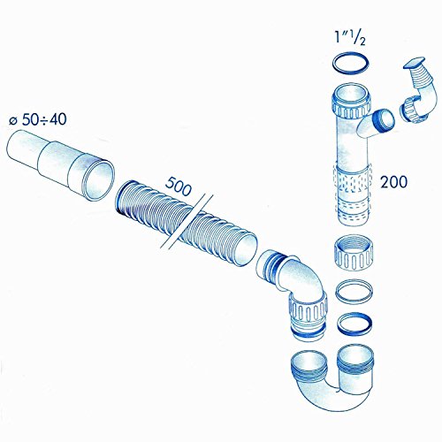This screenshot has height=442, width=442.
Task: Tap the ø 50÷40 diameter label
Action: click(40, 119)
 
